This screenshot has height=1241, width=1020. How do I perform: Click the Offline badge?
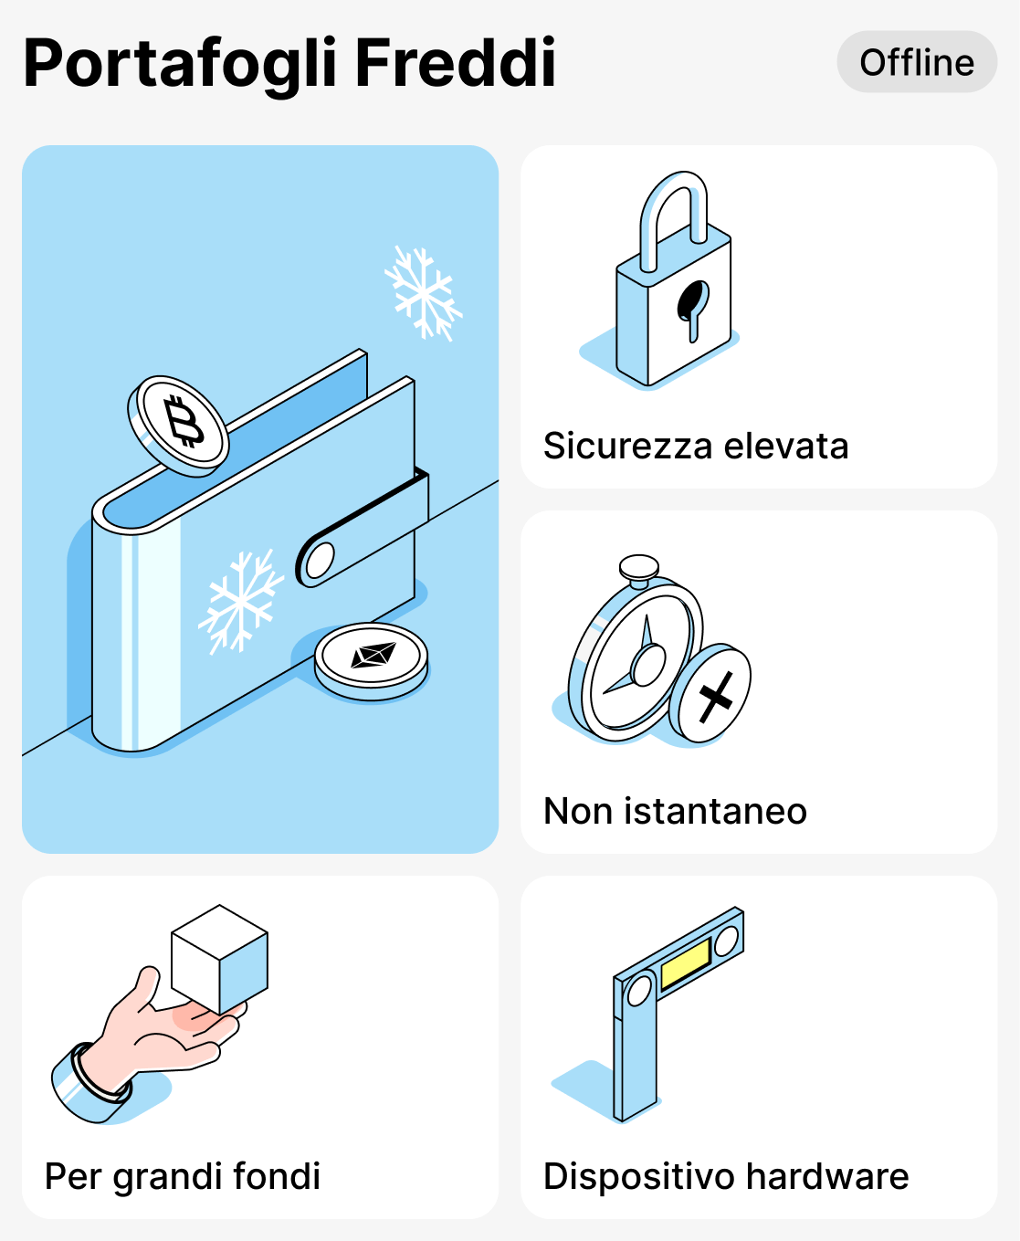coord(917,62)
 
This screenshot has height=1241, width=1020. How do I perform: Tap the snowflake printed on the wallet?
coord(240,601)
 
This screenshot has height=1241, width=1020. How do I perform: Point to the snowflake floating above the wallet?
coord(423,292)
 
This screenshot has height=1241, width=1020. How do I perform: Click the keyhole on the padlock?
coord(691,305)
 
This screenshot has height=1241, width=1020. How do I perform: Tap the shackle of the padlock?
coord(674,210)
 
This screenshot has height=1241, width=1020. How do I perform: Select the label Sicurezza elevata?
coord(696,446)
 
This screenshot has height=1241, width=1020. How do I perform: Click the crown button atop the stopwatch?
coord(639,568)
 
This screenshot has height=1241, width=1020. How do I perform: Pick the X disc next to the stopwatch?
coord(712,694)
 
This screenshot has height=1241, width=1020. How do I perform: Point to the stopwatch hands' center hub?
coord(648,664)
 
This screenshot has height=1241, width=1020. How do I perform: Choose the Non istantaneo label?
coord(675,811)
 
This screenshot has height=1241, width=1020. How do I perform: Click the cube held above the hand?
coord(219,959)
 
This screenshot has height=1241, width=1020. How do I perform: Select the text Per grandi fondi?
coord(183,1176)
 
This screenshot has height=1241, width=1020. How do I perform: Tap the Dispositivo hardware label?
coord(726,1176)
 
